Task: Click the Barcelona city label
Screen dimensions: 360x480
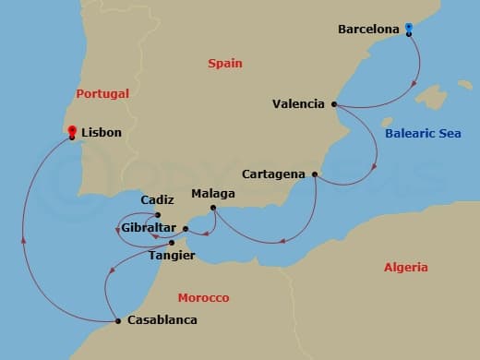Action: [368, 30]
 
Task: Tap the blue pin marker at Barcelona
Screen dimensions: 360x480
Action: [409, 30]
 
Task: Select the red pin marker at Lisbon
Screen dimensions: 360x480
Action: [72, 133]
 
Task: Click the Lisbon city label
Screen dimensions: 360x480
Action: [102, 133]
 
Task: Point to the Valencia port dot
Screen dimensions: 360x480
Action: [334, 104]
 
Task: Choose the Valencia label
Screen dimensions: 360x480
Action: [298, 104]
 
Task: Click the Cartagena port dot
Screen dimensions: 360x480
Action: [315, 174]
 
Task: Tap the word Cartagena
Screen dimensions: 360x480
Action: [274, 174]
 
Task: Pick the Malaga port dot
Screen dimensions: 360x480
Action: [213, 208]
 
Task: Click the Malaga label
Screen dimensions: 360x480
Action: [213, 195]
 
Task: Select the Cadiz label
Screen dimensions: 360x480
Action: [156, 199]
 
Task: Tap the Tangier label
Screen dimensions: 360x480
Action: [171, 256]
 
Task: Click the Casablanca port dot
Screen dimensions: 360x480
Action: [118, 321]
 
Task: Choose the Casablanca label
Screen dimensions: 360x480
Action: [162, 321]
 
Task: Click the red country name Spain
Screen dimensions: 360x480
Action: [224, 63]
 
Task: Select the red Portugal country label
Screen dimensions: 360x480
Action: [102, 93]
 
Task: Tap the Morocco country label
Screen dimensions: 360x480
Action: [203, 298]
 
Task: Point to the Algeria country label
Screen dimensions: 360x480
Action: [405, 268]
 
